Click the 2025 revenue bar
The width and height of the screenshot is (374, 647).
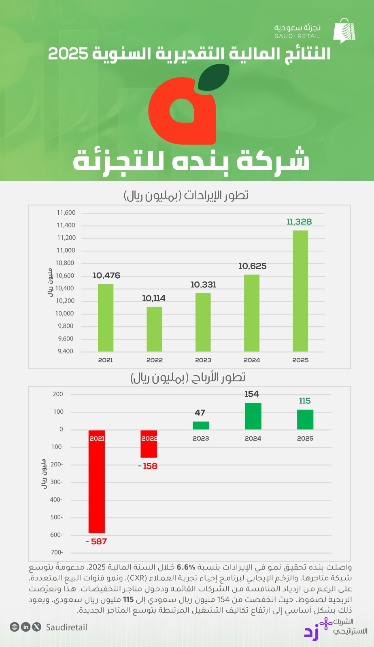(x=300, y=291)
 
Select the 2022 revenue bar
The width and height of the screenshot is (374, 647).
(x=154, y=329)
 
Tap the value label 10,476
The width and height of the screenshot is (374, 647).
(x=106, y=275)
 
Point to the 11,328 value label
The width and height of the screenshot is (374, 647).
(x=299, y=222)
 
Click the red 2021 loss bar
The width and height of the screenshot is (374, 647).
(x=97, y=481)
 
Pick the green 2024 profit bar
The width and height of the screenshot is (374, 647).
(x=253, y=416)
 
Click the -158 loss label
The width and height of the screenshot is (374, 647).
(x=148, y=466)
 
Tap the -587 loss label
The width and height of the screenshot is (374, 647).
(x=97, y=541)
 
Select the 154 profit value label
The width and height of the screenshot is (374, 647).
(x=251, y=394)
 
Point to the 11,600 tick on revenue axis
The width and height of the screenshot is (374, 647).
(x=66, y=213)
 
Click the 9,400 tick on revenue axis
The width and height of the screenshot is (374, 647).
(x=66, y=351)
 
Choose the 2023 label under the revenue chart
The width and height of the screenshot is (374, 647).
(x=203, y=360)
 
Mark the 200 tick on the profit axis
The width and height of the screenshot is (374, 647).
(x=58, y=394)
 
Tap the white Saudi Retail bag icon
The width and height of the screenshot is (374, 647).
(x=344, y=31)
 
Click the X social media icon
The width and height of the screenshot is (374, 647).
(x=37, y=627)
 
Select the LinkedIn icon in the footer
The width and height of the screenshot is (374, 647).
(x=26, y=627)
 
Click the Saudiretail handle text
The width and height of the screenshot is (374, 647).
(x=66, y=627)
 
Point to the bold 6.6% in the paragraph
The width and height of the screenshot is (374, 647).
(x=186, y=567)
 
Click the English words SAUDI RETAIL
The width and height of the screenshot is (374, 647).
(x=297, y=36)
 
